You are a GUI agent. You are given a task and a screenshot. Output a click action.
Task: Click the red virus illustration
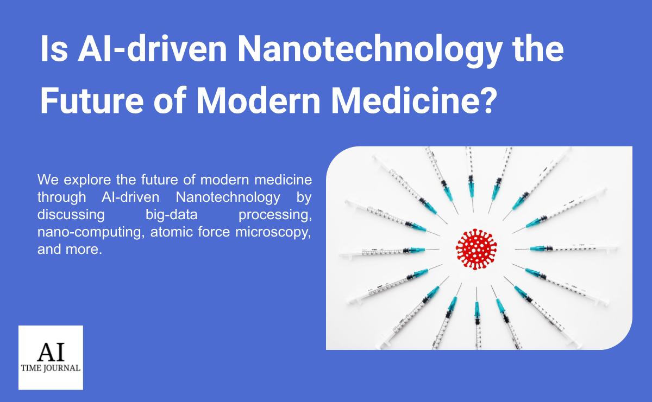477,249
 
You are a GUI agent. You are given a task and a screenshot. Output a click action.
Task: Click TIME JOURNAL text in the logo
51,368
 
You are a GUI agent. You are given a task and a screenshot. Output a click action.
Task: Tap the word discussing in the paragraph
71,215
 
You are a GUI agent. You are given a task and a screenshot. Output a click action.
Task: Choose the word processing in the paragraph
275,215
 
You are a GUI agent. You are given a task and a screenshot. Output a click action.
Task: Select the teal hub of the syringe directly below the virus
477,309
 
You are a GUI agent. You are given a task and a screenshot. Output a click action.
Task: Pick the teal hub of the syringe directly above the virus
471,187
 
